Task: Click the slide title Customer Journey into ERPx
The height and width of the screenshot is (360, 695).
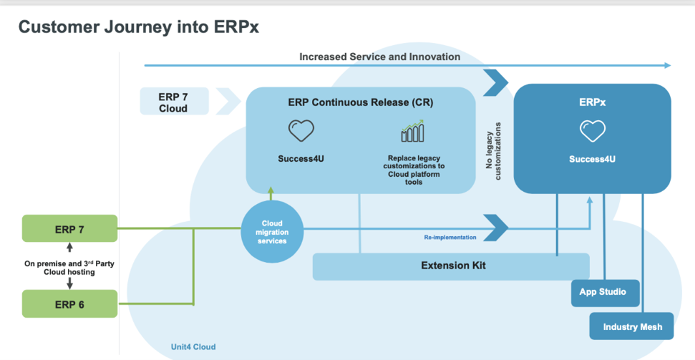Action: (x=140, y=27)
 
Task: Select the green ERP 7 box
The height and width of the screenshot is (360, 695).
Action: (x=70, y=229)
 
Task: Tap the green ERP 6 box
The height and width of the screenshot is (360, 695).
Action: (x=70, y=304)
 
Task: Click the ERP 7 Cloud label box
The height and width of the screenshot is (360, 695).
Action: (x=174, y=102)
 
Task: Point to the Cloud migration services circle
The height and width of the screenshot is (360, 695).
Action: (x=271, y=232)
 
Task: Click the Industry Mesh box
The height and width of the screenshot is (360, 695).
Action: (x=631, y=326)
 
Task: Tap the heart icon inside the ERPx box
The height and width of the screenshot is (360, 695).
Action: (x=593, y=132)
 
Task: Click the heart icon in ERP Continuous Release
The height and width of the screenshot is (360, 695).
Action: (x=301, y=131)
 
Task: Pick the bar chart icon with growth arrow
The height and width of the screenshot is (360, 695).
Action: (x=412, y=131)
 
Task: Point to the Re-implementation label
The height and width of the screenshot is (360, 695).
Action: (x=446, y=237)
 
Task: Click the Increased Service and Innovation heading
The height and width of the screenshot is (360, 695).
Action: (x=380, y=57)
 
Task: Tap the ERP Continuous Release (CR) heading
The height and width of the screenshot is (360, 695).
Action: (x=360, y=102)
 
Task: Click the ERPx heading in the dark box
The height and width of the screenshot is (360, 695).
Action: (x=593, y=102)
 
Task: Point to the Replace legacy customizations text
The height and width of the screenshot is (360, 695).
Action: (x=413, y=170)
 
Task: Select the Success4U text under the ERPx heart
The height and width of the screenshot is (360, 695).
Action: (x=593, y=159)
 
